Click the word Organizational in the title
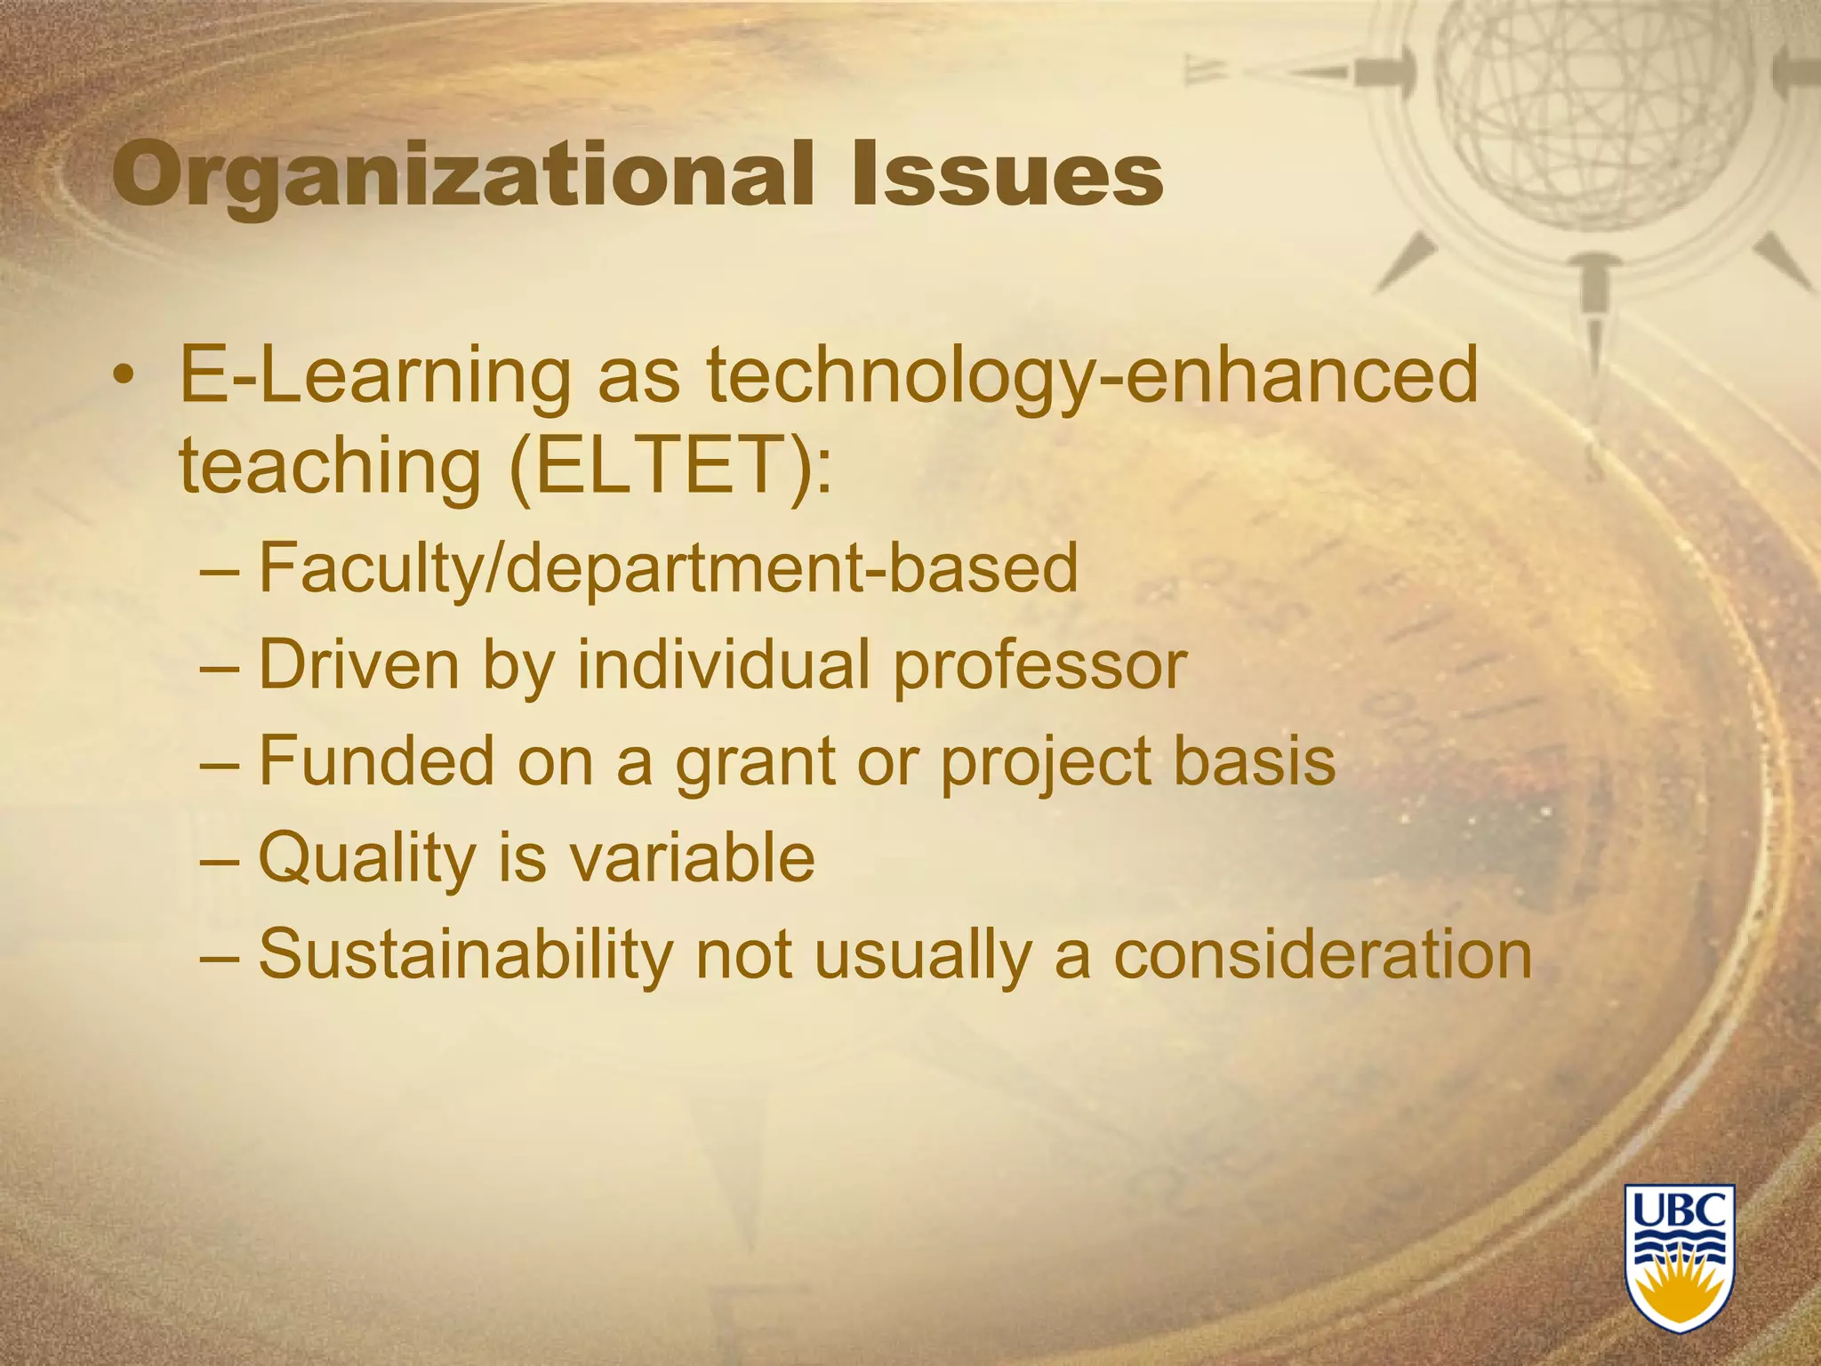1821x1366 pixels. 463,175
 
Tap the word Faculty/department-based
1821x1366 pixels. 668,569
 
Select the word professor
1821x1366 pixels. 1039,665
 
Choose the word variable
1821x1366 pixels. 691,857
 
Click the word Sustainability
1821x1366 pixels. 464,954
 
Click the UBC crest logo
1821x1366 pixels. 1680,1257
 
